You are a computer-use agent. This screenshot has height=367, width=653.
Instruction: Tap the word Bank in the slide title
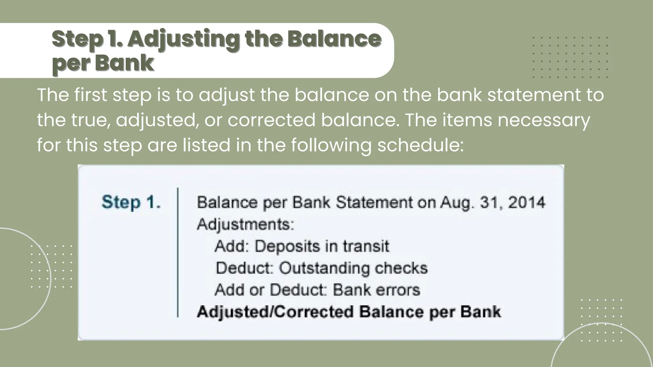124,63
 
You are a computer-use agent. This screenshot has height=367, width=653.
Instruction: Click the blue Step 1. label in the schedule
131,202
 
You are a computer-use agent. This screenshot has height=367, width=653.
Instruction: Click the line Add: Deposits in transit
302,246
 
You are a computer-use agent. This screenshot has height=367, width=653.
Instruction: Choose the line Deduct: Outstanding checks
321,268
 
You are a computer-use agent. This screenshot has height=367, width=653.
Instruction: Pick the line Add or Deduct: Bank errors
317,290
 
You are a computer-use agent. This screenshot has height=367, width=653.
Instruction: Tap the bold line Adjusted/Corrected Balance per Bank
349,312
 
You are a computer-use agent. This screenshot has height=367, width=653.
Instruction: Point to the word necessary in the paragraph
544,120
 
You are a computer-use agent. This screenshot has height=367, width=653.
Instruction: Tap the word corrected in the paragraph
271,120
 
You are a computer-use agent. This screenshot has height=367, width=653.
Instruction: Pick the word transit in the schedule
366,246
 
